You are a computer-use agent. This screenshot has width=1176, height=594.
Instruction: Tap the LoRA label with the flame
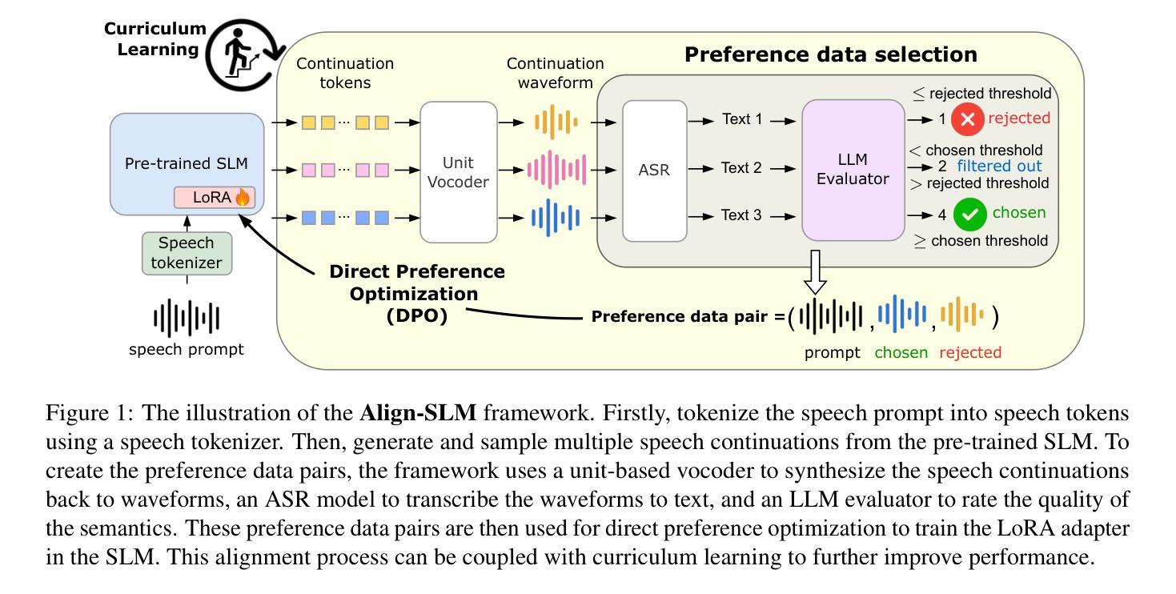[x=215, y=197]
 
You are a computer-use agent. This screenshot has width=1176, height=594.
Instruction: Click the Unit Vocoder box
[x=458, y=171]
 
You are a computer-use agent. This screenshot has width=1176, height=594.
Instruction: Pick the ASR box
[x=654, y=171]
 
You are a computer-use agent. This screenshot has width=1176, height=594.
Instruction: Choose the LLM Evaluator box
[x=853, y=170]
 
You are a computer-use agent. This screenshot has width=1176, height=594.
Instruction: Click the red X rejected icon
[x=968, y=119]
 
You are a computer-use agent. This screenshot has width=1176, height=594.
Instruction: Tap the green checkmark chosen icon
[x=969, y=215]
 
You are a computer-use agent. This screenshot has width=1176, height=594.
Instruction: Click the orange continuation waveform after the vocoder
[x=556, y=122]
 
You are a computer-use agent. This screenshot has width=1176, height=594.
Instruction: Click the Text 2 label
[x=741, y=168]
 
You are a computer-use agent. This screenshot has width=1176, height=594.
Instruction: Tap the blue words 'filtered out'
[x=999, y=167]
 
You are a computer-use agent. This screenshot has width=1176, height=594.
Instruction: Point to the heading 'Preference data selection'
[x=830, y=54]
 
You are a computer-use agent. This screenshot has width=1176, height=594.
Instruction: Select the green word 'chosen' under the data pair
[x=901, y=352]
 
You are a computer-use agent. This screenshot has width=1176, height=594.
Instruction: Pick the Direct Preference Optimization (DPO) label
[x=417, y=293]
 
